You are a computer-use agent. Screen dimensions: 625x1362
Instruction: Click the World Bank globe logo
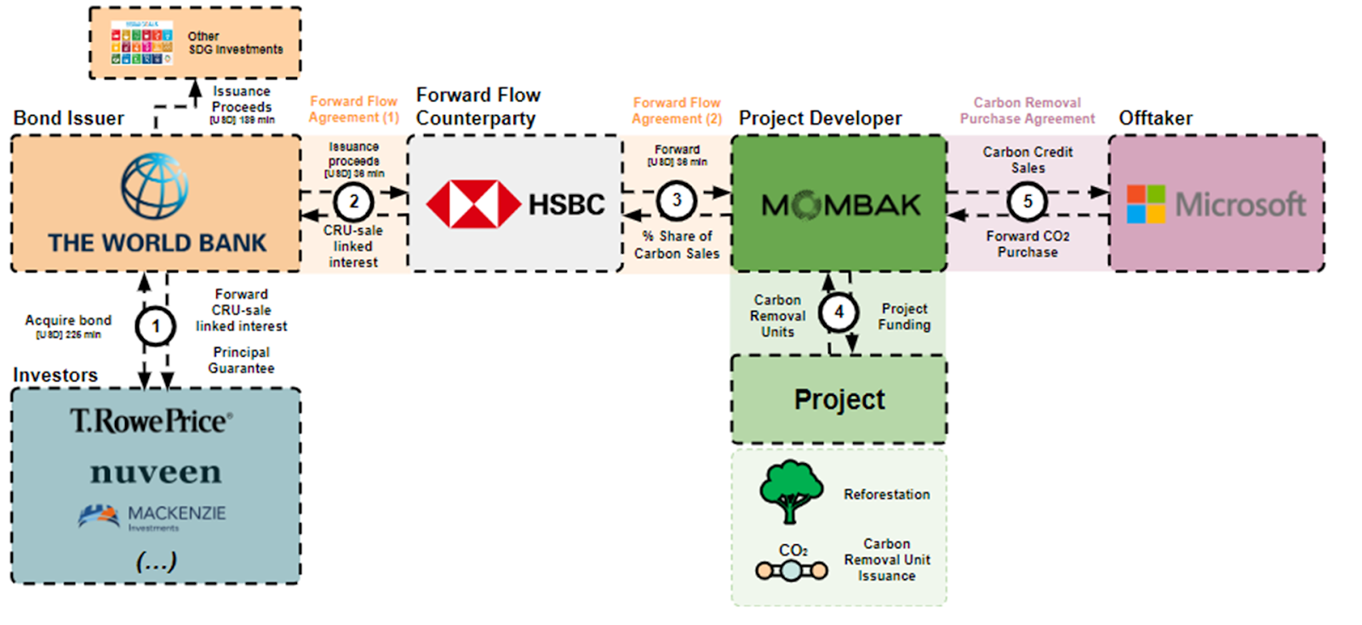(x=155, y=186)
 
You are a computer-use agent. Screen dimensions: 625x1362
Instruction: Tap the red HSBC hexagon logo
(x=473, y=204)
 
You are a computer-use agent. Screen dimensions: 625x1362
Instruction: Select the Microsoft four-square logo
(x=1146, y=204)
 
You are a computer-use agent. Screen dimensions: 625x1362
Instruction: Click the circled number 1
(x=156, y=326)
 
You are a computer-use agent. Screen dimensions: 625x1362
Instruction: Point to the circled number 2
(x=354, y=202)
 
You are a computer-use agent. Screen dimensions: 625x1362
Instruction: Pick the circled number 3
(x=677, y=201)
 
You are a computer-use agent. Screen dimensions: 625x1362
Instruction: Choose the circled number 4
(x=838, y=312)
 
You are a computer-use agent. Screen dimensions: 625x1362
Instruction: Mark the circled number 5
(x=1027, y=202)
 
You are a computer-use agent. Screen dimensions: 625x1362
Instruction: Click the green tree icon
(x=791, y=491)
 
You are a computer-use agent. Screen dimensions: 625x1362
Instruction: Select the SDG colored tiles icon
(x=142, y=43)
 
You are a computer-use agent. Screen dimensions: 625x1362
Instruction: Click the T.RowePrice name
(x=152, y=421)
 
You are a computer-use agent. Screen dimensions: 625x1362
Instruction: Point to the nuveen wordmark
(x=156, y=472)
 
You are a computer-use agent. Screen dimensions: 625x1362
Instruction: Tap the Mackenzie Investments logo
(x=152, y=516)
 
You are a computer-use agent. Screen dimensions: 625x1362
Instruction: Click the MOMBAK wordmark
(x=840, y=205)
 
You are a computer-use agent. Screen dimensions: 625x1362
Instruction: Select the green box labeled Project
(x=839, y=399)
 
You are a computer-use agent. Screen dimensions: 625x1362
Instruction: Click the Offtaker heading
(x=1155, y=118)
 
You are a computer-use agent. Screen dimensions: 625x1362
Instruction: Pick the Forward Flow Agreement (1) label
(x=353, y=110)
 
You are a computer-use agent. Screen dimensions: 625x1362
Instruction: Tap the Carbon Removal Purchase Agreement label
(x=1027, y=111)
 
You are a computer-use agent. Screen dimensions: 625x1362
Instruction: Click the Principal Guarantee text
(x=241, y=360)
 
